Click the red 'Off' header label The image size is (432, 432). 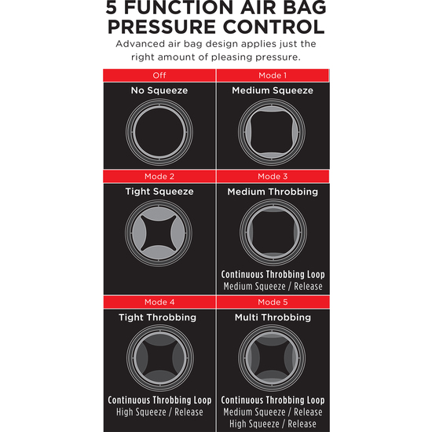(x=159, y=75)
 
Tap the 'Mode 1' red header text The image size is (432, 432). (x=273, y=75)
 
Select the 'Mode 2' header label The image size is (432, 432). (x=159, y=176)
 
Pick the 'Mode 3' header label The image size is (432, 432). (x=273, y=176)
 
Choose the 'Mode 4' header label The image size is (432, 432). (x=159, y=302)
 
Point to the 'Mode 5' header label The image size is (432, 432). (x=273, y=302)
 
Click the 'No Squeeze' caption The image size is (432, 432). (x=159, y=90)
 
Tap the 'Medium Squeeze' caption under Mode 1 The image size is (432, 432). (x=273, y=90)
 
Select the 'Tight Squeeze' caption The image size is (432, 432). (x=159, y=192)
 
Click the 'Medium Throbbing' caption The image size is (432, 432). (x=273, y=192)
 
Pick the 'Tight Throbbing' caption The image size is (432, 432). (x=157, y=317)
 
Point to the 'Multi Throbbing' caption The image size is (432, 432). (x=273, y=317)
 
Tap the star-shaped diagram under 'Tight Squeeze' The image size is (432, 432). (x=159, y=233)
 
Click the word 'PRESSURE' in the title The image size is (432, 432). (x=162, y=27)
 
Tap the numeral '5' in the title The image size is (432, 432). (x=112, y=7)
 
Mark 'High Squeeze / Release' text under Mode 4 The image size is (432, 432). (x=159, y=412)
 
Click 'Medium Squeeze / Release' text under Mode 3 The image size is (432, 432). (x=273, y=286)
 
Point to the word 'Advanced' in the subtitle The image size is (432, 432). (x=136, y=44)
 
